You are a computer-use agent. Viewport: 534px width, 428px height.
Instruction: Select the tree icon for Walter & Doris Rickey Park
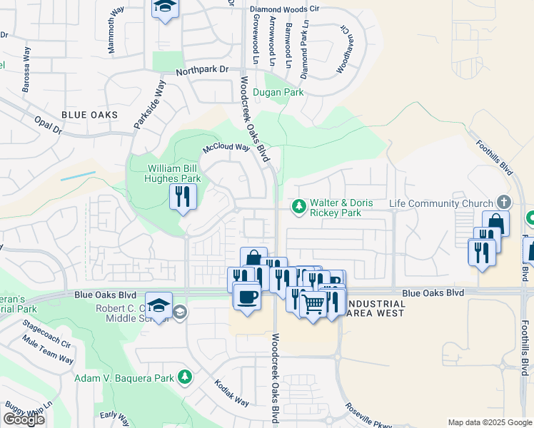tap(298, 206)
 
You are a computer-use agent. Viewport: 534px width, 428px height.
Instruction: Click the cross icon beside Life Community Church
tap(504, 203)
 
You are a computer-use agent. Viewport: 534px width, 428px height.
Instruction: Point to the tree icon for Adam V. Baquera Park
tap(185, 376)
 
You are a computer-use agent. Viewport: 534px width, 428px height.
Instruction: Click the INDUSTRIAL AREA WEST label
tap(375, 308)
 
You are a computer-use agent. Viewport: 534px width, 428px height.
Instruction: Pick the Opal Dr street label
tap(48, 125)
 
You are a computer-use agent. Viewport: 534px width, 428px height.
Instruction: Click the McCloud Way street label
tap(226, 148)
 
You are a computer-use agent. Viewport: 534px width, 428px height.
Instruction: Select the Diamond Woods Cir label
tap(284, 9)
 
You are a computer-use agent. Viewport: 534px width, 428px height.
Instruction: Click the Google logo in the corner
tap(24, 419)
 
